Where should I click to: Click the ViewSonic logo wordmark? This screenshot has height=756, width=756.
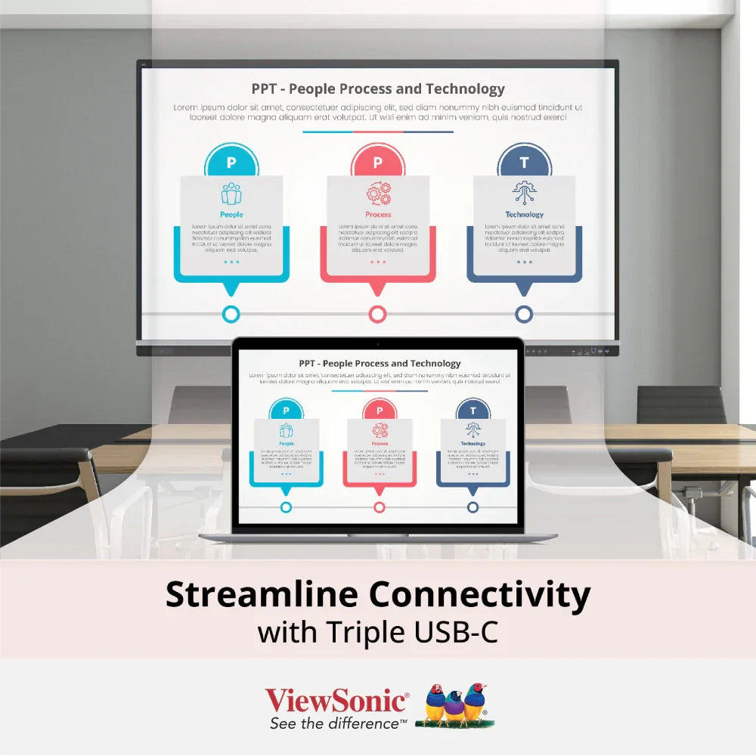click(x=336, y=700)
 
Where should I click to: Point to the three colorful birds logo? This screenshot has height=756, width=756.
click(x=454, y=705)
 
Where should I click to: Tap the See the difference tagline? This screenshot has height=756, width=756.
click(x=338, y=723)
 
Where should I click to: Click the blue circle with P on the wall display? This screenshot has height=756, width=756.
click(x=231, y=162)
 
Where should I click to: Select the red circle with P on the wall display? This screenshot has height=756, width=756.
click(x=378, y=162)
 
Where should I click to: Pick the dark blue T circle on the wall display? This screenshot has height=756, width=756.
click(x=524, y=162)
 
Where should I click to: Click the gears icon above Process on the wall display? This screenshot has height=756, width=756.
click(x=378, y=194)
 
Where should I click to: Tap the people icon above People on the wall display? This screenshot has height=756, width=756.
click(x=231, y=194)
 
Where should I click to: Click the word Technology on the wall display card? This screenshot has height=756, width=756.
click(x=524, y=215)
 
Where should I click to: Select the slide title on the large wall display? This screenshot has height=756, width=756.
click(x=378, y=89)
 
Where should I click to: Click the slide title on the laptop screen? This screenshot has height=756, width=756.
click(x=380, y=364)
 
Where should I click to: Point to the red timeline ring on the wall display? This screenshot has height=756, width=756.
click(x=378, y=314)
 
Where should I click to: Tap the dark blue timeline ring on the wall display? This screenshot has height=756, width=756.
click(x=524, y=314)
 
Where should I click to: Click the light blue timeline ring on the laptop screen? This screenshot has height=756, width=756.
click(x=286, y=507)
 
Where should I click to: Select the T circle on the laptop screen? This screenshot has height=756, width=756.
click(x=473, y=411)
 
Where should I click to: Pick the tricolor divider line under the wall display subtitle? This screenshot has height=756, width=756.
click(x=378, y=132)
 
